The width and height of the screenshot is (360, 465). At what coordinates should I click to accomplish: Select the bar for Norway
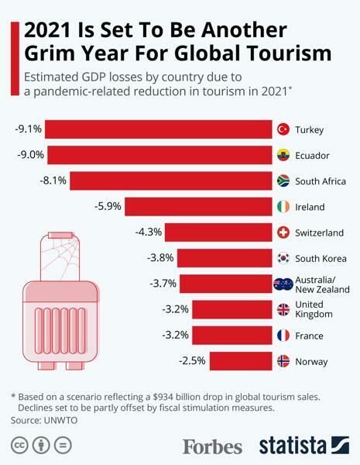point(240,362)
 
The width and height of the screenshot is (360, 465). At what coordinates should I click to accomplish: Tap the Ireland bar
point(198,207)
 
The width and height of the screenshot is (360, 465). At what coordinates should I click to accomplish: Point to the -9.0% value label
point(30,155)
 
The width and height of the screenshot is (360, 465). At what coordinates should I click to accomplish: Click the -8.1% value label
point(53,181)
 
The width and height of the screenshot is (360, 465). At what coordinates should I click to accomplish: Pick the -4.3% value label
point(148,232)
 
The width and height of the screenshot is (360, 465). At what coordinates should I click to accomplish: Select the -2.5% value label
point(192,362)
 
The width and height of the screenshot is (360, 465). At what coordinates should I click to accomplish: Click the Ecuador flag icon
point(283,155)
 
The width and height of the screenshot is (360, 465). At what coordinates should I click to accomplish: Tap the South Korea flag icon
point(283,258)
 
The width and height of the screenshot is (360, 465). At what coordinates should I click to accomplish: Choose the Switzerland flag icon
point(283,232)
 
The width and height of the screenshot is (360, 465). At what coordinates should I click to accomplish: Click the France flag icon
point(283,336)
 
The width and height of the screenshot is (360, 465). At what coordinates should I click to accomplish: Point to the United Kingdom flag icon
point(283,310)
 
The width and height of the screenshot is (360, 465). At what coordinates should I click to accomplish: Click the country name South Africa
point(321,181)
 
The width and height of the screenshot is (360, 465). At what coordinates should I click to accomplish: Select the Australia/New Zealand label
point(322,284)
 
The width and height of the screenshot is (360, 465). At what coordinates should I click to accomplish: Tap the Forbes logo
point(212,446)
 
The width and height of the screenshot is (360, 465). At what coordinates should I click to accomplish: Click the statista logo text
point(292,446)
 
